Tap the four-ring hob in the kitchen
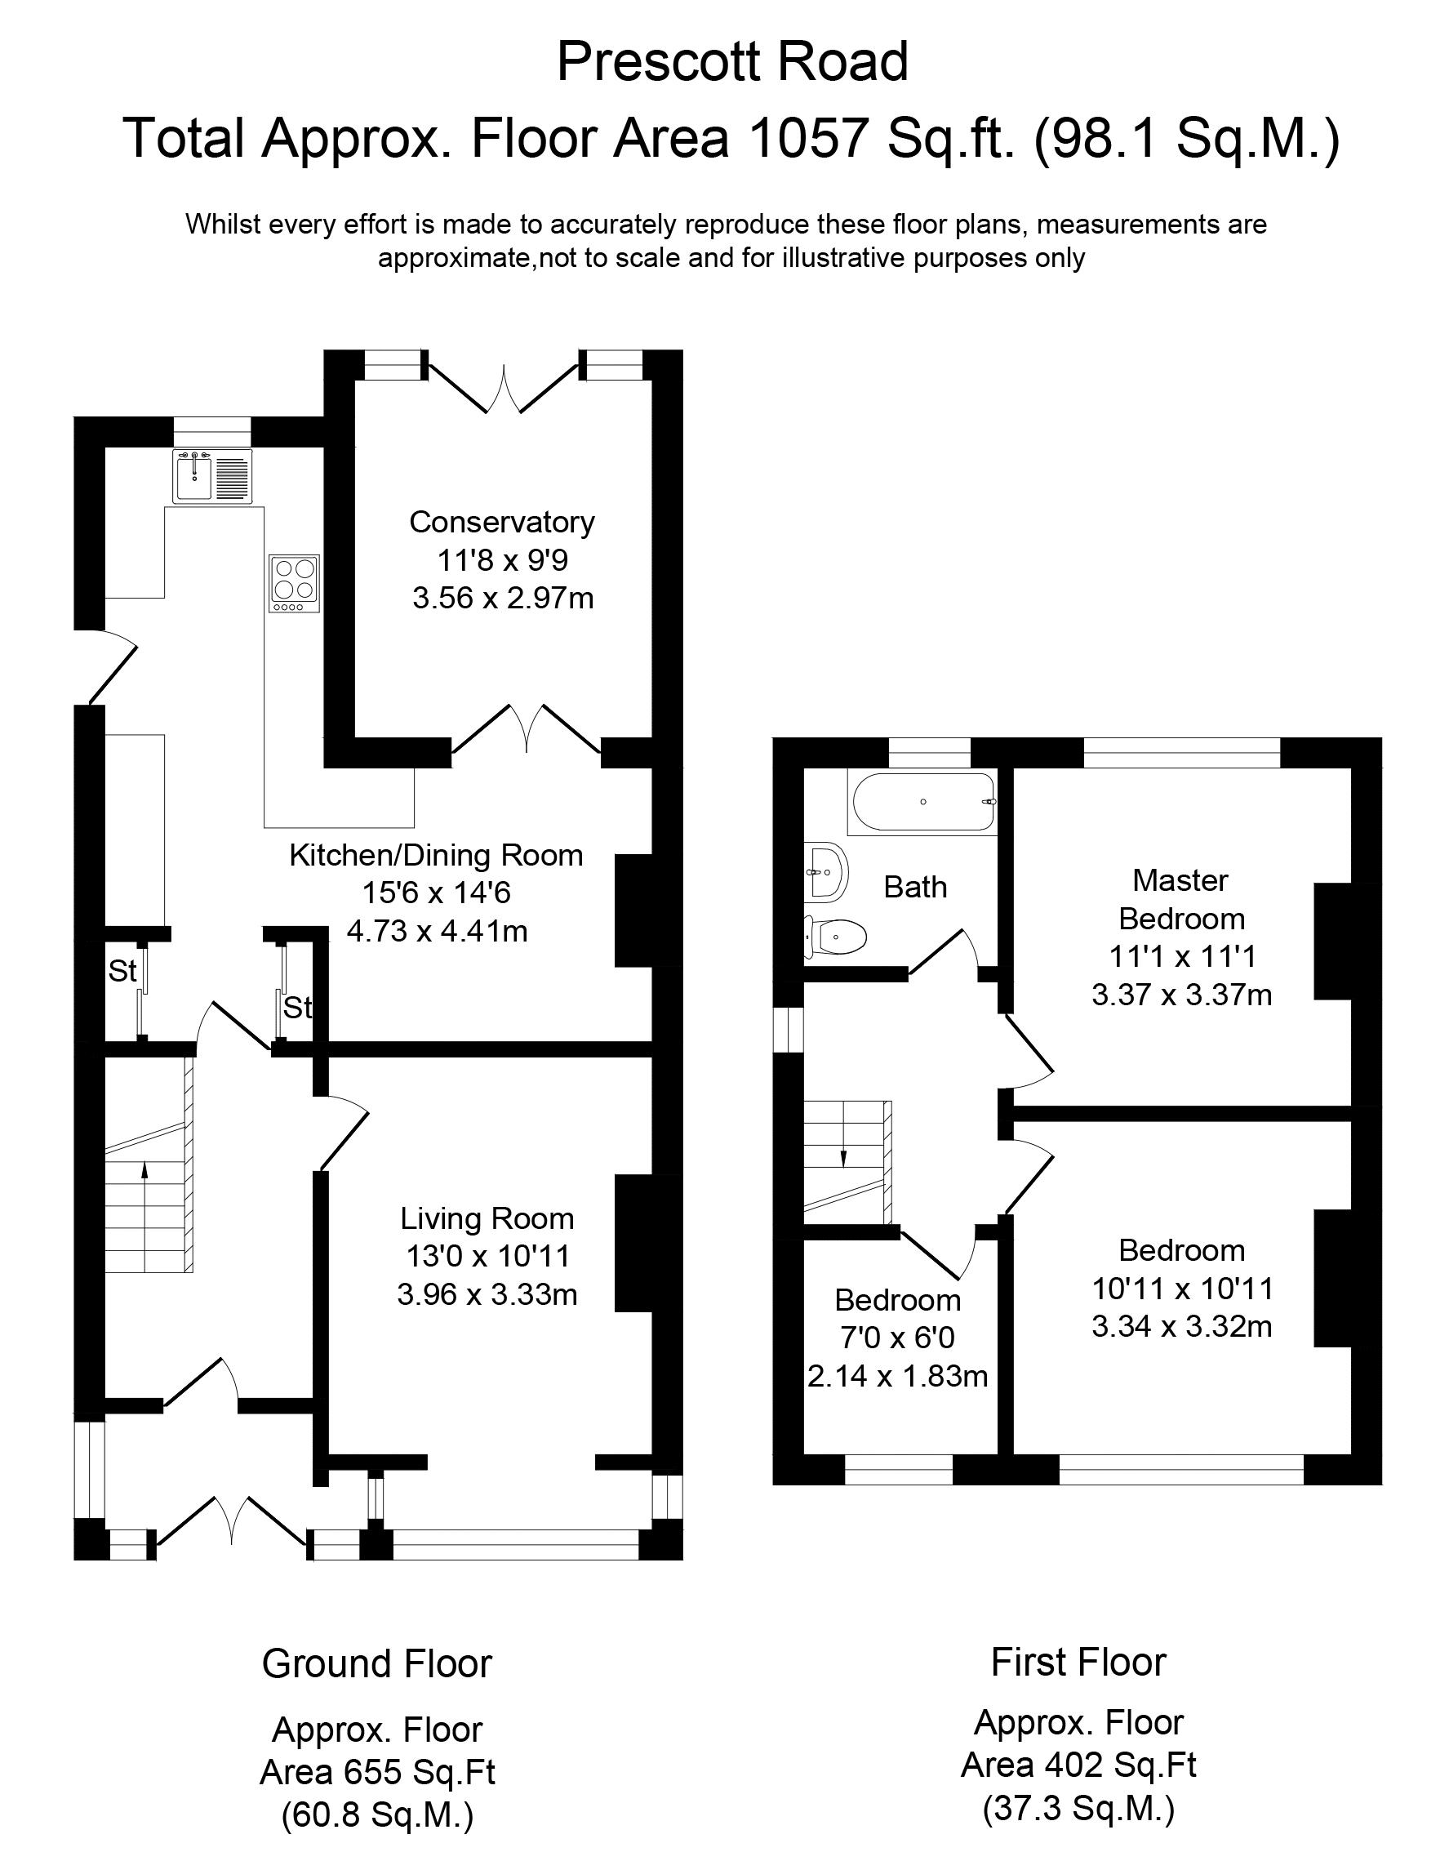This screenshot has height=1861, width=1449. (x=295, y=584)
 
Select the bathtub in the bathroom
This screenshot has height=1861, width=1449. (x=921, y=802)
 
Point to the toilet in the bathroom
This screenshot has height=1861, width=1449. (x=836, y=937)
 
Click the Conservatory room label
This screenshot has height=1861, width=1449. (x=502, y=522)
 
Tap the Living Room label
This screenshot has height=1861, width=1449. (x=487, y=1218)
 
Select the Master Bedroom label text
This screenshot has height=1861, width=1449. (x=1181, y=899)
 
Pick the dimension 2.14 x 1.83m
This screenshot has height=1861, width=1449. (x=898, y=1376)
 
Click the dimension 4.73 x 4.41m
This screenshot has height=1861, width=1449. (x=437, y=932)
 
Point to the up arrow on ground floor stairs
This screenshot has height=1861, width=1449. (x=144, y=1182)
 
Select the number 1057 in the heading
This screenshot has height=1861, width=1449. (x=807, y=137)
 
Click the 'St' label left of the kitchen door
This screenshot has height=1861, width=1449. (x=122, y=971)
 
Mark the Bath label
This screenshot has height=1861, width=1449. (x=916, y=887)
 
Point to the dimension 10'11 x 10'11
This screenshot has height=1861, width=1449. (x=1182, y=1289)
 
